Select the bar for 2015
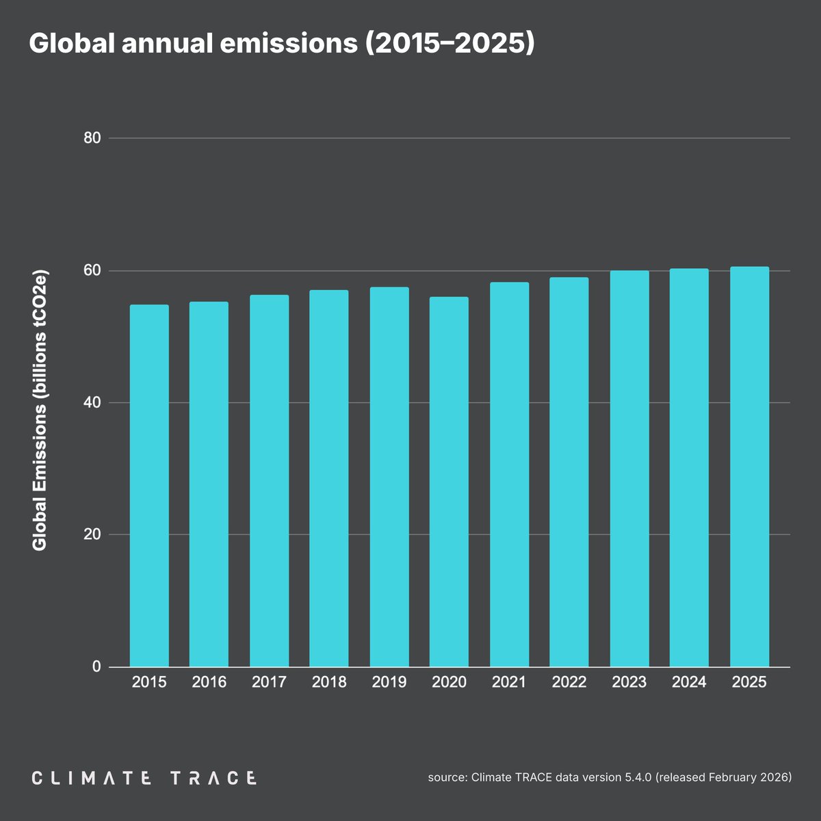(149, 486)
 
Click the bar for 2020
(449, 482)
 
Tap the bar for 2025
(749, 467)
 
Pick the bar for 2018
(329, 478)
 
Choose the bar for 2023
(629, 469)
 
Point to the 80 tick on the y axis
(92, 138)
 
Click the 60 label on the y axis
(92, 270)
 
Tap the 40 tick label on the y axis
(92, 402)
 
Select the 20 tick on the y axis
(92, 534)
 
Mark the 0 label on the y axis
(96, 666)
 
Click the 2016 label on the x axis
(209, 682)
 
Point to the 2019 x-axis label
(389, 682)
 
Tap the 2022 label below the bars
(569, 682)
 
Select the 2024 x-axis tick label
(689, 682)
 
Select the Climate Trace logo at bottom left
(144, 778)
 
